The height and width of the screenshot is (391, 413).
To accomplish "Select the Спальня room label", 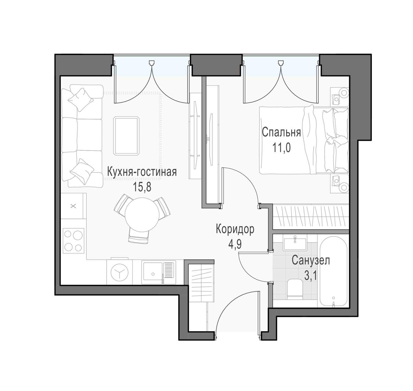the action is (281, 133).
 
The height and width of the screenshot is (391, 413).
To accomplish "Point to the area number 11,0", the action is (281, 148).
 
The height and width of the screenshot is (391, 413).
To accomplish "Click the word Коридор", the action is (235, 229).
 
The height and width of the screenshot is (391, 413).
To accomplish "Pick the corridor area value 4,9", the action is (235, 244).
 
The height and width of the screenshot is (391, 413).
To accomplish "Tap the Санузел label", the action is (311, 260).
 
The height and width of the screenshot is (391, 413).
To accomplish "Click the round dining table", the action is (142, 215).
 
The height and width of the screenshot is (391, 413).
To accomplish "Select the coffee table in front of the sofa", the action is (126, 136).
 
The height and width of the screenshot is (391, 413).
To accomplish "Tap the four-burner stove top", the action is (73, 241).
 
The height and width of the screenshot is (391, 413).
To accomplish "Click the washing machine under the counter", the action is (119, 272).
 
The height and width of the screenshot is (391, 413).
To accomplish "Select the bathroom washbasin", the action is (295, 244).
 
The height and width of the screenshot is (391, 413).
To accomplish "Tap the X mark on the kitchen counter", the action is (73, 206).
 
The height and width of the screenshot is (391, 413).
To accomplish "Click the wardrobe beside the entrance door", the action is (201, 283).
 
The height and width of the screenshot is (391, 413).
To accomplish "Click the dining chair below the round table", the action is (139, 235).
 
